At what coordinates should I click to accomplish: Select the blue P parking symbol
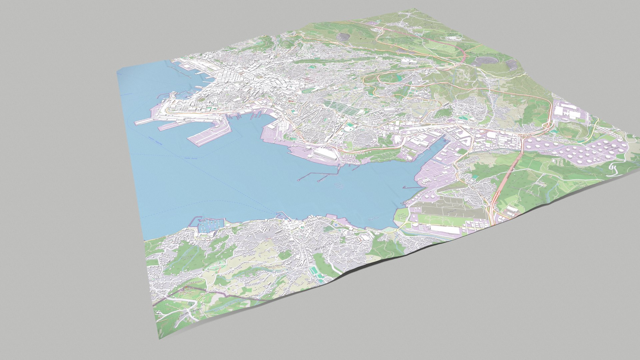tap(336, 226)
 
